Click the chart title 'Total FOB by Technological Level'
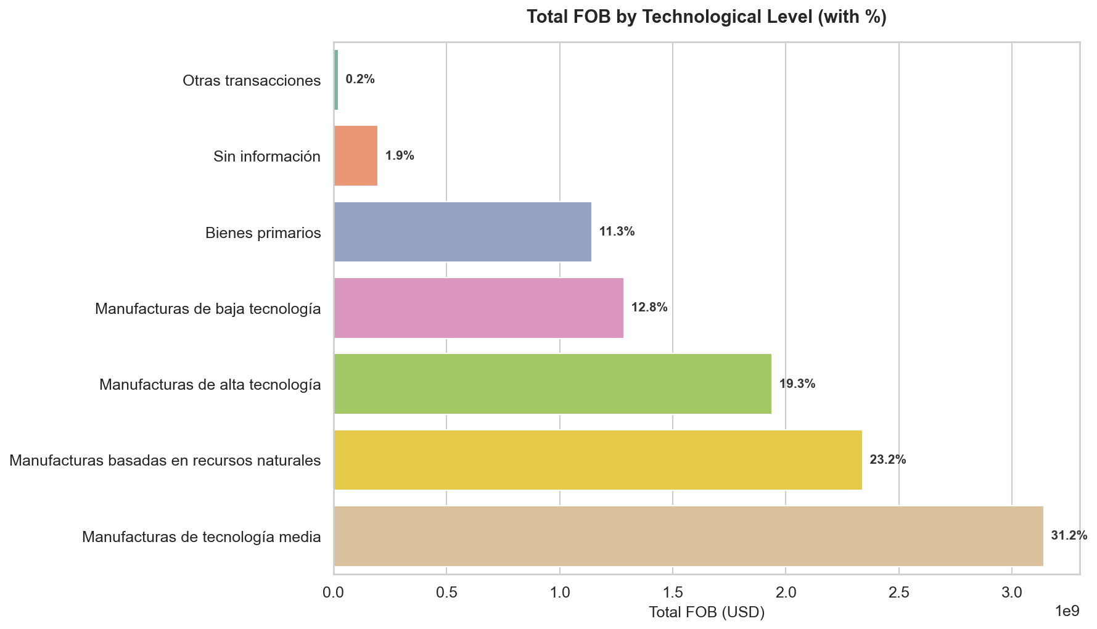(706, 17)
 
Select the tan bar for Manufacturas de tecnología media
(688, 536)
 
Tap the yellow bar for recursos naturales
(598, 460)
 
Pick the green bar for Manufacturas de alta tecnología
(553, 384)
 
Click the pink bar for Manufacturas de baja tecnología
(479, 308)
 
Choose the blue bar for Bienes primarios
(462, 232)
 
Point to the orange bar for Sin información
(356, 155)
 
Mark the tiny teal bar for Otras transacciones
(336, 80)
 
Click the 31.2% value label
(1069, 536)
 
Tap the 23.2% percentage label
(887, 460)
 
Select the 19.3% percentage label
(797, 384)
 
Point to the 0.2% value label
(360, 80)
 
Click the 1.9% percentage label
(400, 155)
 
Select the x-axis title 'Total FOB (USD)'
(707, 612)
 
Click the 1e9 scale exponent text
(1067, 611)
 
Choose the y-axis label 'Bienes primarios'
(263, 233)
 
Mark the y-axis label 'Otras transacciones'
(252, 81)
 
